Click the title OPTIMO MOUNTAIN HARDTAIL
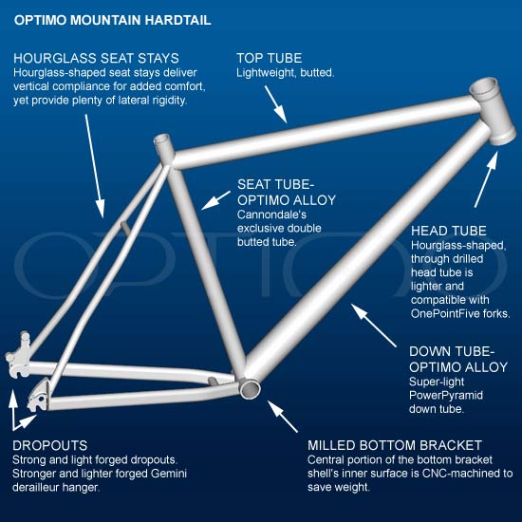(113, 20)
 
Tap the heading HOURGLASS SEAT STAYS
(96, 58)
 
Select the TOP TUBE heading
(270, 58)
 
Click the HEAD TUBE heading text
(448, 231)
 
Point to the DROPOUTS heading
(50, 445)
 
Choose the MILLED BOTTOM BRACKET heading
(395, 445)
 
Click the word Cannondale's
(271, 214)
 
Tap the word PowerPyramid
(446, 396)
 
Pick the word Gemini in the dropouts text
(169, 474)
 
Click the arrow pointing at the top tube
(275, 104)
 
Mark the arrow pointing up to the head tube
(486, 179)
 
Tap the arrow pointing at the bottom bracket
(282, 416)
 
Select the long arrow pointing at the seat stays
(95, 166)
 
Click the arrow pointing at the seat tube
(215, 200)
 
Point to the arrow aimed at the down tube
(374, 326)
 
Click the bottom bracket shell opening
(250, 389)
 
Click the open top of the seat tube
(162, 139)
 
